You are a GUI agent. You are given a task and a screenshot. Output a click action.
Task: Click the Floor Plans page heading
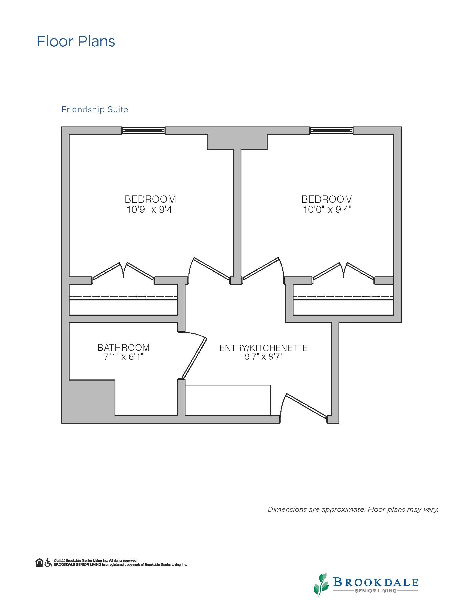coord(76,41)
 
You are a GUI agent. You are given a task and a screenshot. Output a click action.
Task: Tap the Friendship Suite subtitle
coord(95,110)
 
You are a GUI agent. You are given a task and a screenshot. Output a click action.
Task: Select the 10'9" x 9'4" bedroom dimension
coord(150,210)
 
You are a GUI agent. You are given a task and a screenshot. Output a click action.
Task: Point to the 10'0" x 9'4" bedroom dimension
coord(327,210)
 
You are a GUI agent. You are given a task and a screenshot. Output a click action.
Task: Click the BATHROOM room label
coord(124,348)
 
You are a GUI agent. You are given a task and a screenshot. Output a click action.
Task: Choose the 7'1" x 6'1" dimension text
coord(124,357)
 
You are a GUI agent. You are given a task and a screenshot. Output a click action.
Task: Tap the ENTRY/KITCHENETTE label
coord(264,348)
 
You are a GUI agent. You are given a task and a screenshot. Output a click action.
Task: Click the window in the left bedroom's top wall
coord(143,131)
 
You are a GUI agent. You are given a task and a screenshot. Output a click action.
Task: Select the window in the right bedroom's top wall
coord(331,131)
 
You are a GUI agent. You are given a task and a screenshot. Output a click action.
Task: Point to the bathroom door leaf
coord(194,358)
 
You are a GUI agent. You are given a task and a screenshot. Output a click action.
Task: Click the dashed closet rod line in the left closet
coord(123,297)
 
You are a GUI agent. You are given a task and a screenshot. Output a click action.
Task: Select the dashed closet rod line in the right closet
coord(344,297)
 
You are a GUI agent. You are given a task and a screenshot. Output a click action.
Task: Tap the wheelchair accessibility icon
coord(48,562)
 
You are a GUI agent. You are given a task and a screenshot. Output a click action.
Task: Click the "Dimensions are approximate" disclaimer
coord(353,509)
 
